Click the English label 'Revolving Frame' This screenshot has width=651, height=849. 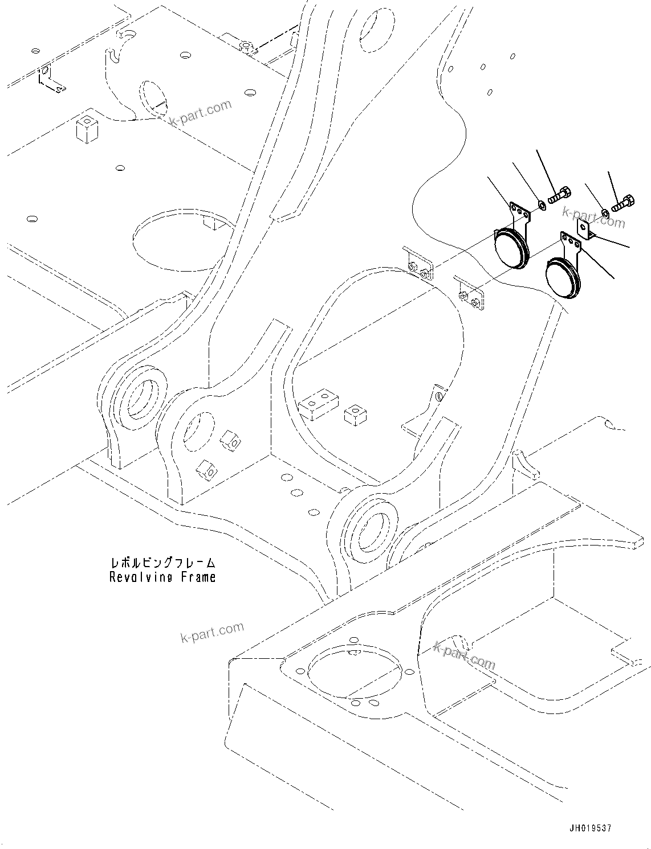[162, 577]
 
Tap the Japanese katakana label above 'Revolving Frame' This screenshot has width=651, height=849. [162, 563]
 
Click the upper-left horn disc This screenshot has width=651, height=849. [510, 249]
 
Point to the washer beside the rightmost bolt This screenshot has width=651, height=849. [605, 213]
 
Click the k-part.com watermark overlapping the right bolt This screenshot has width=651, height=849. [593, 216]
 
